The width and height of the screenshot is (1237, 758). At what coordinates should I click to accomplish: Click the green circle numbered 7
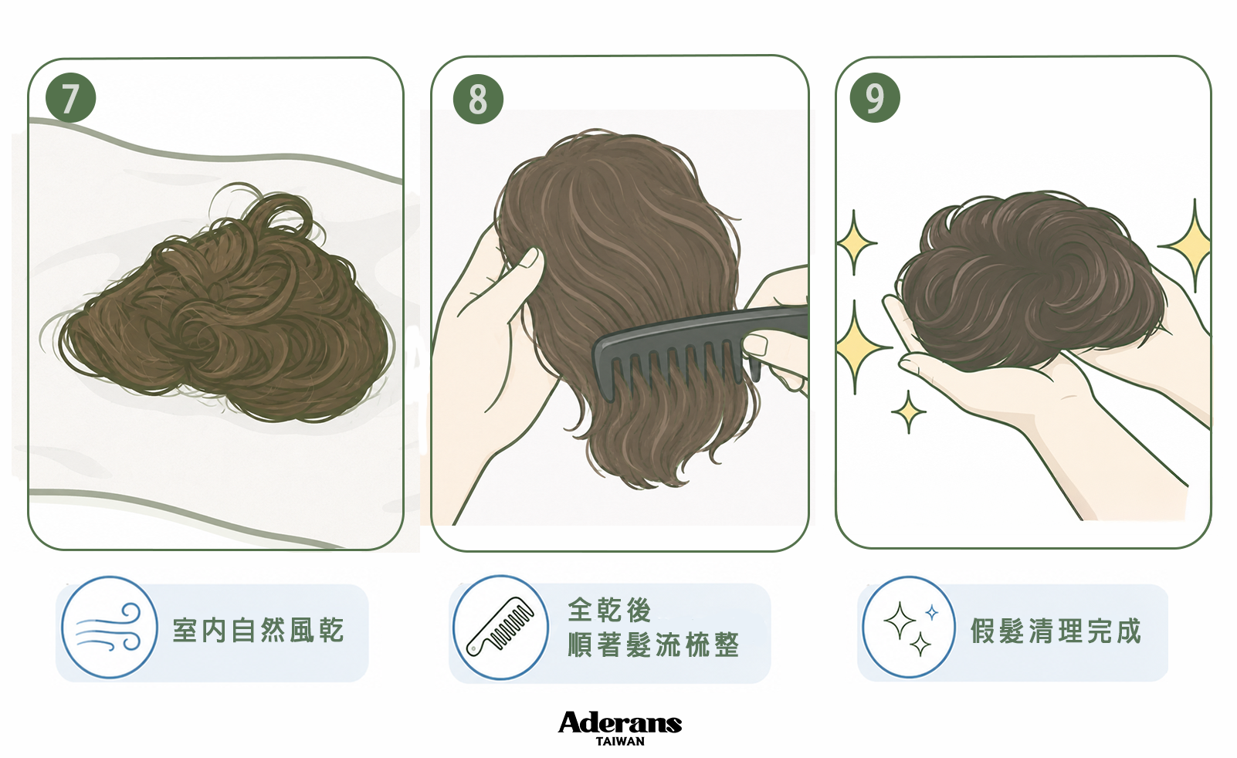(x=71, y=98)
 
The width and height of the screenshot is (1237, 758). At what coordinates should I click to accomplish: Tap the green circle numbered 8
(x=478, y=99)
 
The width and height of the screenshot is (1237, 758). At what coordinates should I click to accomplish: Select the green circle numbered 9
(x=875, y=98)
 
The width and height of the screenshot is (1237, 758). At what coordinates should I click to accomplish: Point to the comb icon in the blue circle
(x=500, y=627)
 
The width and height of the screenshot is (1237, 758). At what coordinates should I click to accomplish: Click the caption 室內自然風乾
(x=259, y=631)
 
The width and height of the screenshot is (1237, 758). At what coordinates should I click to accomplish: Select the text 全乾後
(x=610, y=610)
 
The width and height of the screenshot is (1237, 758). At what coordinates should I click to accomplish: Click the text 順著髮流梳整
(x=653, y=645)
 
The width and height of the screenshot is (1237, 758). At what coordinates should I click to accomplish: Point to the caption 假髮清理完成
(x=1056, y=631)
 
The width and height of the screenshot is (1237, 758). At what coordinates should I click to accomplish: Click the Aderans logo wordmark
(x=619, y=722)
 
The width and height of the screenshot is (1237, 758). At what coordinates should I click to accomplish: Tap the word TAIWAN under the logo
(x=620, y=742)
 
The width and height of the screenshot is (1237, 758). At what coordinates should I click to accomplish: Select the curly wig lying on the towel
(x=221, y=310)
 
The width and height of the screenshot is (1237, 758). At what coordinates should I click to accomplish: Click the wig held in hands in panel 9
(x=1030, y=282)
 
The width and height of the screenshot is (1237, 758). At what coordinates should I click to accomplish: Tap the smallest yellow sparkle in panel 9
(x=908, y=412)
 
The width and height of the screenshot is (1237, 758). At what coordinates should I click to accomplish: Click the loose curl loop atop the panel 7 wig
(x=282, y=212)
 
